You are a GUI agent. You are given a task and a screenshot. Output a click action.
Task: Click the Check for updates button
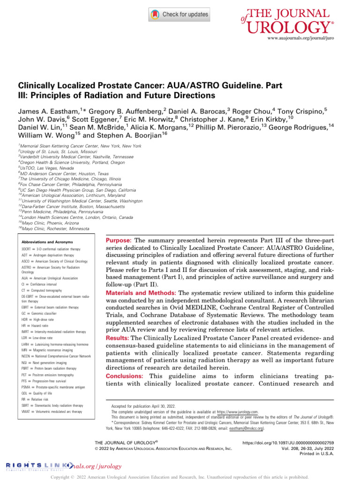(x=180, y=15)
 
